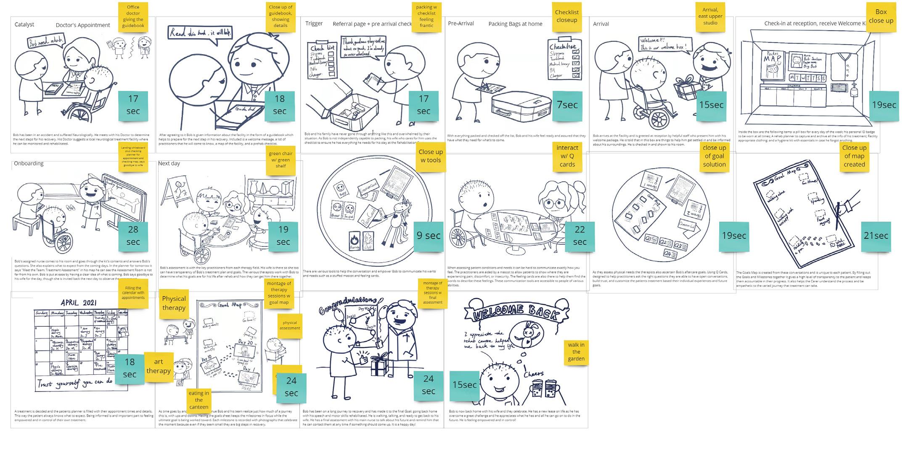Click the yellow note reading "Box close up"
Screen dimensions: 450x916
[881, 17]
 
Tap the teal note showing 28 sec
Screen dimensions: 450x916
[133, 236]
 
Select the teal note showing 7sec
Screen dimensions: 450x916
[567, 105]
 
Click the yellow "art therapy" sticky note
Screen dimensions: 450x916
[159, 366]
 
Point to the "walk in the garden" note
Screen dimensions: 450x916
[576, 352]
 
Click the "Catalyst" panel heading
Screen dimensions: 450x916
[24, 24]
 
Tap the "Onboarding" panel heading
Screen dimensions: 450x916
[29, 163]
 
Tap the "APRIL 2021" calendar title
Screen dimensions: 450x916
[79, 302]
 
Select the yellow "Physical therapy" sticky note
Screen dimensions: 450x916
[174, 303]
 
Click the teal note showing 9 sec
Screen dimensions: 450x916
[429, 236]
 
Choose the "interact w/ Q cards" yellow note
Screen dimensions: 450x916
[567, 156]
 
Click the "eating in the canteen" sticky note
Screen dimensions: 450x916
[199, 400]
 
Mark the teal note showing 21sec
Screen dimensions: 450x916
[876, 236]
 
